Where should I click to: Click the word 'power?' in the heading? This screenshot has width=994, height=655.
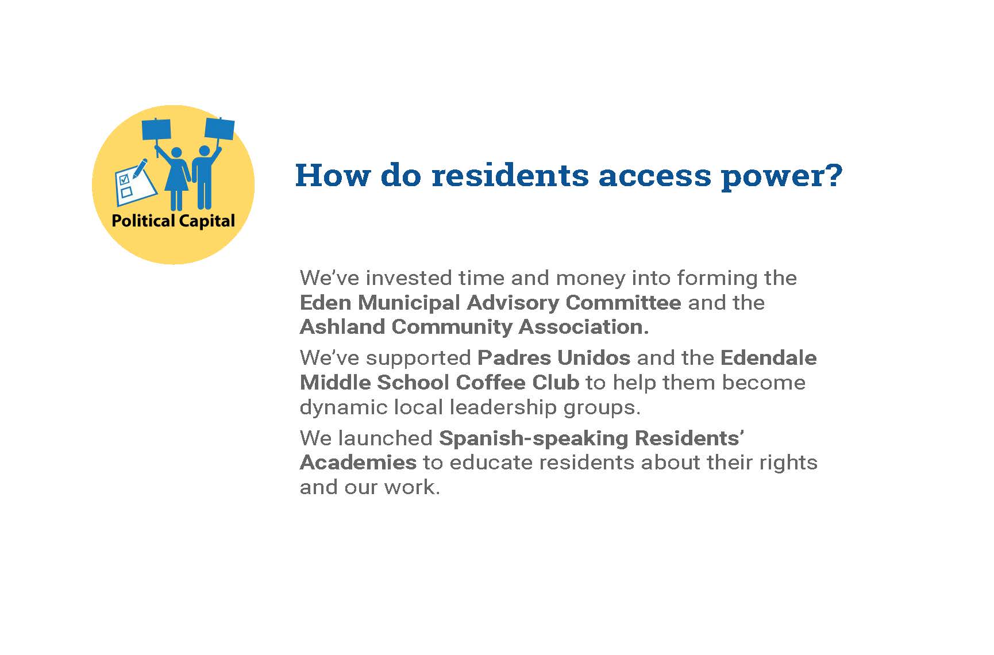click(781, 176)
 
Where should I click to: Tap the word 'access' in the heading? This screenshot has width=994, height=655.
click(654, 176)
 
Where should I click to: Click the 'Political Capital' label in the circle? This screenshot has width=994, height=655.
click(173, 221)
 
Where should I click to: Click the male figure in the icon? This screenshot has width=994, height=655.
click(203, 176)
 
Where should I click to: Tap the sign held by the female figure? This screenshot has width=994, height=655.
click(156, 130)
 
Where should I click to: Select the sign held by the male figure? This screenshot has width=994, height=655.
click(219, 129)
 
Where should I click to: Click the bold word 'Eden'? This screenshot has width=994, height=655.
click(323, 302)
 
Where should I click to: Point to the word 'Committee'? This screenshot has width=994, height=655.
click(623, 302)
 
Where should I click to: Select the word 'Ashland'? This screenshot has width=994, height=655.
click(342, 326)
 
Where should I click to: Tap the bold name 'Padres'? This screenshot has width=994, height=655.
click(514, 357)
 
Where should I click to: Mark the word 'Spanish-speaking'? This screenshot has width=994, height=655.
click(534, 438)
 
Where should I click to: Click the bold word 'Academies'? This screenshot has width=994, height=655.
click(359, 462)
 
